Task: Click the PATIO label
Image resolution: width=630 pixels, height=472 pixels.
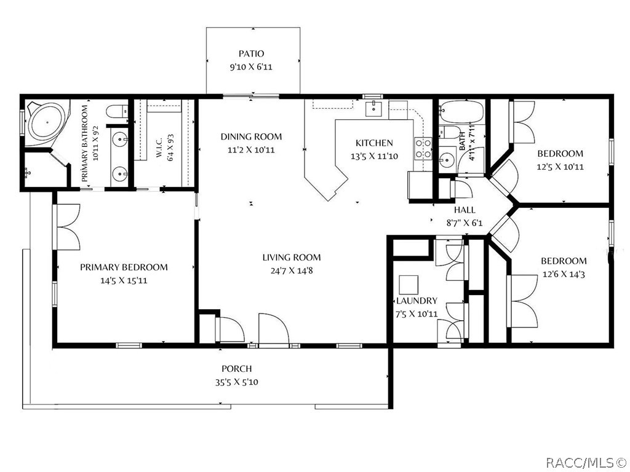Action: [252, 53]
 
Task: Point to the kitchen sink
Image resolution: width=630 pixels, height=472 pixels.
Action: [373, 109]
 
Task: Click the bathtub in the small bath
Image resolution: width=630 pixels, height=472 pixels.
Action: [461, 112]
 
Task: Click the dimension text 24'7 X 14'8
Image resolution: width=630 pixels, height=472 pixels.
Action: [291, 270]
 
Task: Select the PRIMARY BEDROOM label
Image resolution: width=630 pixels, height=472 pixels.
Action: [124, 267]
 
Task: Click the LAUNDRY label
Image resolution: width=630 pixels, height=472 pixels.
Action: [417, 301]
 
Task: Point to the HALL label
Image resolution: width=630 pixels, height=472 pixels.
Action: [465, 210]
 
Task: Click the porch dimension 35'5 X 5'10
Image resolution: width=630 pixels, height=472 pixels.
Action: [237, 382]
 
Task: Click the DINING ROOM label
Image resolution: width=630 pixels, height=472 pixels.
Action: [251, 136]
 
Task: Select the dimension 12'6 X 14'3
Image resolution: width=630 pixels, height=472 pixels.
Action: [564, 274]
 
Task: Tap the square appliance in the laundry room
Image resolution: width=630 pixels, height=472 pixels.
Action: [409, 284]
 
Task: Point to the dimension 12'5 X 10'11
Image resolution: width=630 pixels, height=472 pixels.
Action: [560, 167]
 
